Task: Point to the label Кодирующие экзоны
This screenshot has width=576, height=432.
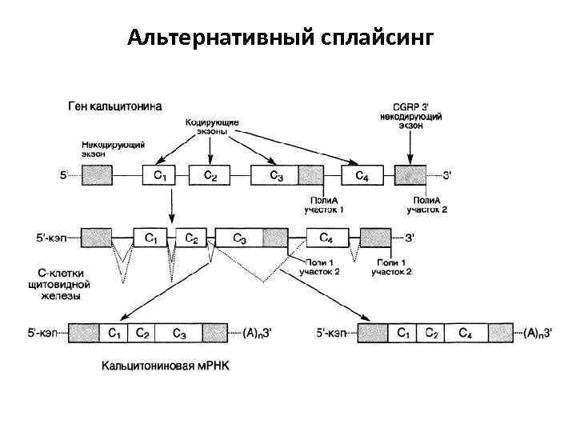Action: (211, 126)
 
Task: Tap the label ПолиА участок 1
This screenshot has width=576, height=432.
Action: (324, 205)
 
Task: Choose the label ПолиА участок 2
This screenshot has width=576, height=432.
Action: (426, 205)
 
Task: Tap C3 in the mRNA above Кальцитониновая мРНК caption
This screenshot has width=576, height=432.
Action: (179, 333)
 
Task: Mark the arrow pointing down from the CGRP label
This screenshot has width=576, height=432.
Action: (410, 148)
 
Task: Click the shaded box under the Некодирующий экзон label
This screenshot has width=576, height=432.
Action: (97, 174)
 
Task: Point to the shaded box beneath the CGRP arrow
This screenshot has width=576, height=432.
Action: (410, 174)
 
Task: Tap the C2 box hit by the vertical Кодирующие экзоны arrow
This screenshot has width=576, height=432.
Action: (210, 174)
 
